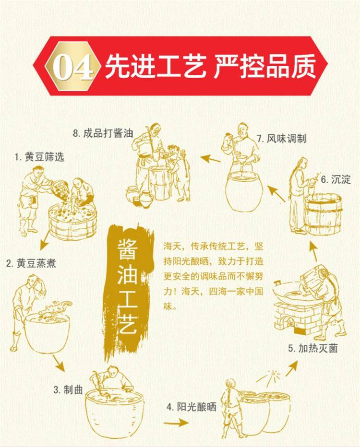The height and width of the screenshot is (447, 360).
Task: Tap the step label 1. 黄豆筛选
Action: coord(40,157)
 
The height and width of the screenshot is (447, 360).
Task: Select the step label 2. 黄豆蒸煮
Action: coord(31,263)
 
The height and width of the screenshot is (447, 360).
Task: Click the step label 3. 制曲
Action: coord(68,389)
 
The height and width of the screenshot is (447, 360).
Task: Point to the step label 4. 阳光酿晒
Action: coord(192,407)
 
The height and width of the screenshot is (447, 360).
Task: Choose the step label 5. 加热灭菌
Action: coord(312,348)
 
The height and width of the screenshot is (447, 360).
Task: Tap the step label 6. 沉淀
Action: coord(336,179)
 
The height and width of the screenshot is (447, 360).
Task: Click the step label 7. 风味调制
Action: coord(282,139)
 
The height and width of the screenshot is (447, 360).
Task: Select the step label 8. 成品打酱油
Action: coord(103,133)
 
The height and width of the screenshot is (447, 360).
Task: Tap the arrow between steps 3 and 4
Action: coord(176,423)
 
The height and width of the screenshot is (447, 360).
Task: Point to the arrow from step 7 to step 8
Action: coord(210,158)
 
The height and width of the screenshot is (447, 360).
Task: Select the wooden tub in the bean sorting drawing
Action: coord(73,222)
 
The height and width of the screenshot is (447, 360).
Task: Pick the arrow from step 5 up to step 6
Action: coord(313,252)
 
